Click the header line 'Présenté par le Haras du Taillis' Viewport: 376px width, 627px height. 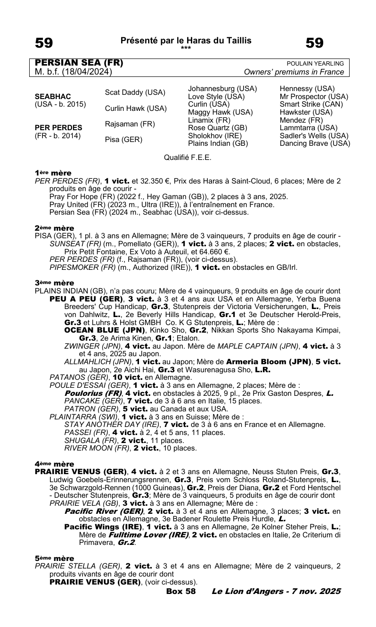tap(186, 41)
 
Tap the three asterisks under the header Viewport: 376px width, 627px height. tap(186, 48)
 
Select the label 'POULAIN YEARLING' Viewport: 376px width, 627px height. tap(315, 64)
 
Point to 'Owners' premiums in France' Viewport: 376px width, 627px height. tap(294, 72)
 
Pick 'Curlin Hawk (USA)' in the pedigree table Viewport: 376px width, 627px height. tap(136, 108)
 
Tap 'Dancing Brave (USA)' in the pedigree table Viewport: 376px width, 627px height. tap(315, 143)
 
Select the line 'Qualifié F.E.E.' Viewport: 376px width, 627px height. tap(188, 157)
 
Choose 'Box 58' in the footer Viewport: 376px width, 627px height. tap(181, 591)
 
